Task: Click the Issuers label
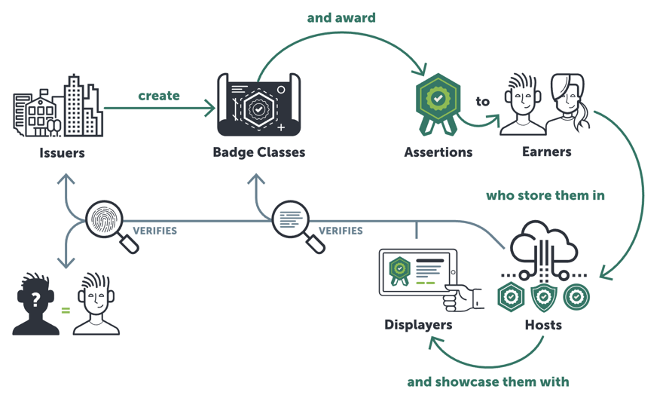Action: click(62, 152)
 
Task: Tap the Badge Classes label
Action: click(259, 152)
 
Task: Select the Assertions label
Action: click(438, 152)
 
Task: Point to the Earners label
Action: click(547, 152)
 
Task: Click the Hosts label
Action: click(543, 325)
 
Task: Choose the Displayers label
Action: click(418, 325)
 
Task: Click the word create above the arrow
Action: click(159, 96)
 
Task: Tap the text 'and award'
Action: click(341, 18)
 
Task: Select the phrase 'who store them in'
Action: click(545, 195)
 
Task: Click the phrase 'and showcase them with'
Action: click(488, 382)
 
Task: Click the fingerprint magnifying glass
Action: click(112, 226)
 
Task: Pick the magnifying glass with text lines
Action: click(298, 226)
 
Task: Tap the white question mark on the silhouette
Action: click(35, 300)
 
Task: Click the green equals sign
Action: click(66, 311)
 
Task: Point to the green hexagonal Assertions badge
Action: click(438, 104)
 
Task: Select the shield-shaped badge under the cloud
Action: click(543, 297)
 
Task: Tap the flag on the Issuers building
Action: click(44, 92)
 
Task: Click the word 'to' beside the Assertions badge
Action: click(482, 102)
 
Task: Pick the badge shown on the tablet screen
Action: click(399, 271)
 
